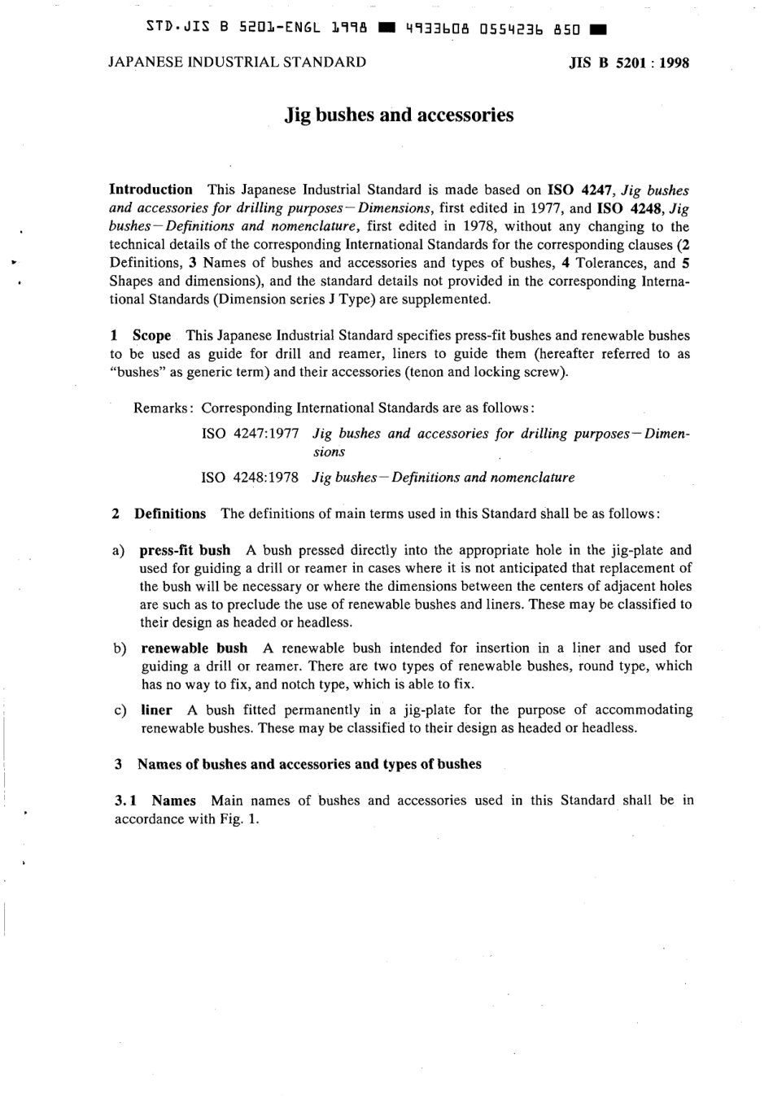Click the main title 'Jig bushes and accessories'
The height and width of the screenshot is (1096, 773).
click(x=399, y=115)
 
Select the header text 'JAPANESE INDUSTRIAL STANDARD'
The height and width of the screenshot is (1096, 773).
click(x=237, y=62)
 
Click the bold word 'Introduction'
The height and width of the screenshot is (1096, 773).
click(x=151, y=190)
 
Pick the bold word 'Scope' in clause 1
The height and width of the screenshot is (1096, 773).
click(x=152, y=335)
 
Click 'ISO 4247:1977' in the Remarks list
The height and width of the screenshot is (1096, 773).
click(x=250, y=434)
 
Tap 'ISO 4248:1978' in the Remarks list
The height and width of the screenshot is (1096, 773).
click(x=250, y=478)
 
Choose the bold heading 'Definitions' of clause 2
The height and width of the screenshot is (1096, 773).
click(x=170, y=513)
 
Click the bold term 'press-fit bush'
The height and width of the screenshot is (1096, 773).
click(x=185, y=550)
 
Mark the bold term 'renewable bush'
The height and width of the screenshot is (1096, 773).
click(x=194, y=648)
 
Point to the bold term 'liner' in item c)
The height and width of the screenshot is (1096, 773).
click(x=156, y=710)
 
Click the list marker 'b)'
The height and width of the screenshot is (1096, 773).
click(x=120, y=648)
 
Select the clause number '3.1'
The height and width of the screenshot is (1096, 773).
click(x=125, y=801)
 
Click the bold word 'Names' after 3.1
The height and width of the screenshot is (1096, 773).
click(x=173, y=801)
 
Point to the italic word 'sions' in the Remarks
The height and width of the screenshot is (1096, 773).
click(x=329, y=452)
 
